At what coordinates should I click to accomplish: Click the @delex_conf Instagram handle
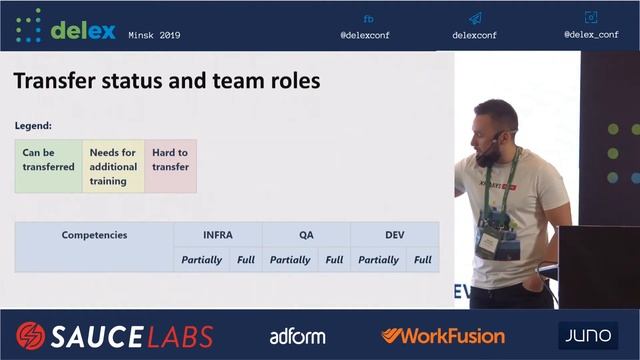pyautogui.click(x=590, y=34)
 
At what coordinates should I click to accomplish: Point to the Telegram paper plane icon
pyautogui.click(x=475, y=18)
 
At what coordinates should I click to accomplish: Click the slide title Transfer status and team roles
pyautogui.click(x=166, y=81)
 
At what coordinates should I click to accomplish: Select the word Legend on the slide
pyautogui.click(x=33, y=126)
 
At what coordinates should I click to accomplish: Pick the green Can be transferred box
pyautogui.click(x=48, y=165)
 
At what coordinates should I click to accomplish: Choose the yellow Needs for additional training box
pyautogui.click(x=113, y=166)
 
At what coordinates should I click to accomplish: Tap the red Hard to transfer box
pyautogui.click(x=170, y=165)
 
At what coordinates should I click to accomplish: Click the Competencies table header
pyautogui.click(x=94, y=235)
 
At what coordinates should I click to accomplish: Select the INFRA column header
pyautogui.click(x=217, y=235)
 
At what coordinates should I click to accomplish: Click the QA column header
pyautogui.click(x=306, y=235)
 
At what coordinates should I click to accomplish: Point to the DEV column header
pyautogui.click(x=394, y=235)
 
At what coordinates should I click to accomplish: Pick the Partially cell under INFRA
pyautogui.click(x=202, y=260)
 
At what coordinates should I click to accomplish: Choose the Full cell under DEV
pyautogui.click(x=422, y=260)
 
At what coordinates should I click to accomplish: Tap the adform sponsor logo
pyautogui.click(x=297, y=336)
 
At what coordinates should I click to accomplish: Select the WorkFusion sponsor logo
pyautogui.click(x=442, y=335)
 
